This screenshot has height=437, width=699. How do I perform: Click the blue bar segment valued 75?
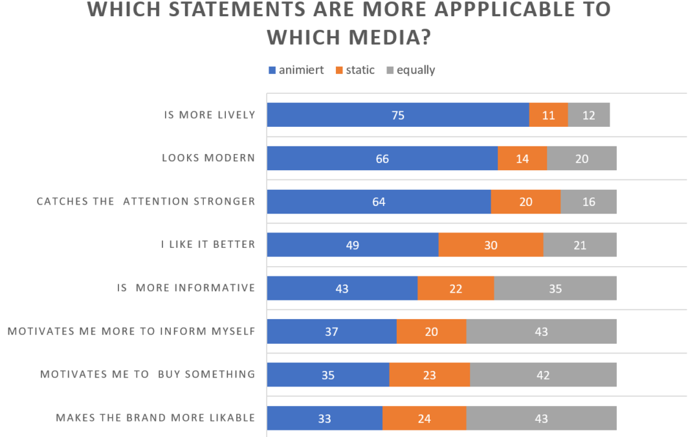(397, 115)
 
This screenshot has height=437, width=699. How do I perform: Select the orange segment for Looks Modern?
(522, 159)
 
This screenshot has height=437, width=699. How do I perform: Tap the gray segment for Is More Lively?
(589, 115)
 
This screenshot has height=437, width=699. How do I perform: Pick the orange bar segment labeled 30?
(491, 245)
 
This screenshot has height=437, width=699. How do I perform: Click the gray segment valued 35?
(555, 289)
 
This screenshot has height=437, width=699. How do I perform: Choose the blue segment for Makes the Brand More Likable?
(324, 419)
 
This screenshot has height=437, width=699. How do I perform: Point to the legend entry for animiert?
(295, 71)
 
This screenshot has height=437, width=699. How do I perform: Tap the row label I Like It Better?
(208, 245)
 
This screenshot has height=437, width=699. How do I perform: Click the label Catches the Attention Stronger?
(146, 201)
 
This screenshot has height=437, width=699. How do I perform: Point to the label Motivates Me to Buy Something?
(148, 374)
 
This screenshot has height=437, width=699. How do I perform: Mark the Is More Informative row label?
(186, 288)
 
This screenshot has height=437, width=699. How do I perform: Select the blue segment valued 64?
(379, 202)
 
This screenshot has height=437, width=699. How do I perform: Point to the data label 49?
(352, 245)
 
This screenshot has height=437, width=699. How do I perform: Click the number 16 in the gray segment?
(588, 202)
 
